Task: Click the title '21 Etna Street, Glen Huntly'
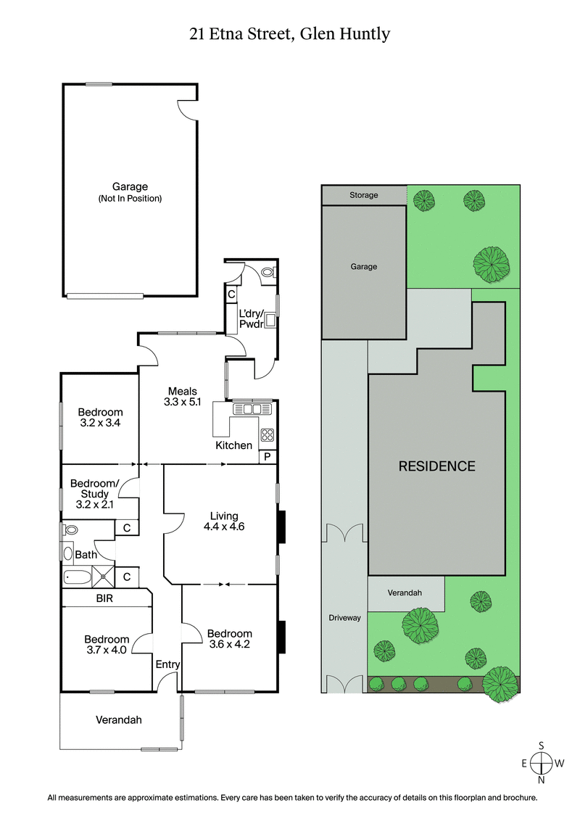pos(290,34)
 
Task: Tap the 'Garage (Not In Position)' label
pos(130,192)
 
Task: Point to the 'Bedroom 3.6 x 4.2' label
pos(230,638)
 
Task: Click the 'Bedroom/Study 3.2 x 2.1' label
pos(94,493)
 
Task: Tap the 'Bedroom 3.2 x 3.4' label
pos(100,418)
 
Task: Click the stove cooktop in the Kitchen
pos(267,435)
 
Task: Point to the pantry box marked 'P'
pos(267,456)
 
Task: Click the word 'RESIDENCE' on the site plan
pos(436,466)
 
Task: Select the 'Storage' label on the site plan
pos(363,195)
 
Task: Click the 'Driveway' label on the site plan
pos(344,618)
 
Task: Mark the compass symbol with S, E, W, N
pos(541,763)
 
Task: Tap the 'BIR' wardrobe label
pos(105,599)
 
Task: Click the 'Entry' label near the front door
pos(167,664)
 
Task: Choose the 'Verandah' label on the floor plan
pos(119,720)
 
